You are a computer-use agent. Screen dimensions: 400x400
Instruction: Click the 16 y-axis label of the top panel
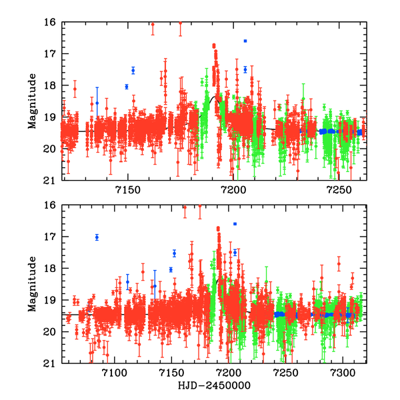tap(51, 22)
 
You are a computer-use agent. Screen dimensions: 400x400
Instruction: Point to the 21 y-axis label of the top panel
tap(51, 180)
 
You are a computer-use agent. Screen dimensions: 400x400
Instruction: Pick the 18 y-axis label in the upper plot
tap(51, 85)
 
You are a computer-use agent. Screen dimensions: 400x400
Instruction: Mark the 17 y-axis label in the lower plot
tap(51, 237)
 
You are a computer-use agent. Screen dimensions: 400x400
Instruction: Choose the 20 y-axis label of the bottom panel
tap(51, 332)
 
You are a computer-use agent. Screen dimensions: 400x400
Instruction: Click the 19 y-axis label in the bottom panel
tap(51, 300)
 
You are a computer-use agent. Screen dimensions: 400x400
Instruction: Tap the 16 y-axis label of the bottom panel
tap(51, 205)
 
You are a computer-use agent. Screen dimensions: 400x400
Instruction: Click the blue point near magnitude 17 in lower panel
tap(97, 237)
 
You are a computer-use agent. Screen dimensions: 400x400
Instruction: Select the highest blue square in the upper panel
tap(245, 41)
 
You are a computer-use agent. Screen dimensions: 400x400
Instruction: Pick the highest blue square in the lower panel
tap(235, 223)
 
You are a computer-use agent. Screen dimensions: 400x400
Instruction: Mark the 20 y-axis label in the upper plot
tap(51, 149)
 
